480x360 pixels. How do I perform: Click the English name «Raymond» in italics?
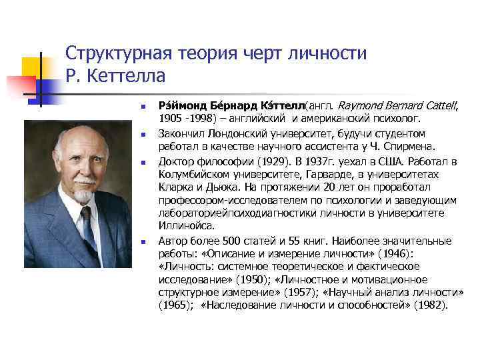[x=360, y=106]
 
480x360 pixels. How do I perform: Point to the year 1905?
[x=171, y=119]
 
